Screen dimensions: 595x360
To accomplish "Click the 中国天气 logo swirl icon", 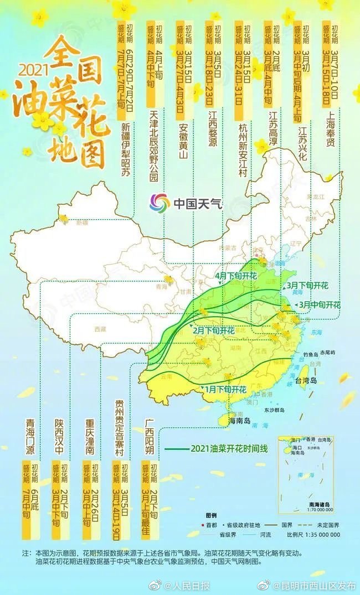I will [x=160, y=203].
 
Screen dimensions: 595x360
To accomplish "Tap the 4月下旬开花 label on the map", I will [x=236, y=276].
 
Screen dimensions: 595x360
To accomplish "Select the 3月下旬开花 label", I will [x=307, y=286].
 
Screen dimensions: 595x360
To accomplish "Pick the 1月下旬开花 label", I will [x=225, y=390].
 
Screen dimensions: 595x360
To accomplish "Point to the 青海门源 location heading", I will [x=31, y=437].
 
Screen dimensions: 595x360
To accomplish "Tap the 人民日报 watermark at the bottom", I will [x=187, y=586].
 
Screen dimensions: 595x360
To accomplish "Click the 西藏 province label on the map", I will [x=100, y=329].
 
